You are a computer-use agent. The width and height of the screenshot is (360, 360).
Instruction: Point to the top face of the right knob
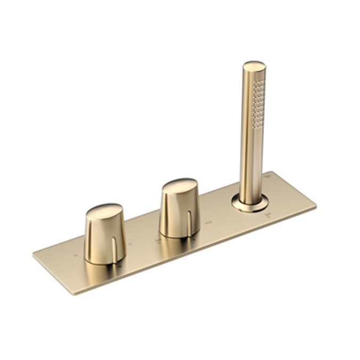pyautogui.click(x=180, y=186)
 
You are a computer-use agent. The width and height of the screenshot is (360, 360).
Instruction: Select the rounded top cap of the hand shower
pyautogui.click(x=254, y=67)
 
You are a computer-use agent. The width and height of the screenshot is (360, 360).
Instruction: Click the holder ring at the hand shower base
pyautogui.click(x=250, y=203)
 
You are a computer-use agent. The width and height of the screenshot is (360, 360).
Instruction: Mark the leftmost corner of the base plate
pyautogui.click(x=33, y=254)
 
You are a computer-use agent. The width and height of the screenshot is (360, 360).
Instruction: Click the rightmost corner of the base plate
pyautogui.click(x=316, y=205)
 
